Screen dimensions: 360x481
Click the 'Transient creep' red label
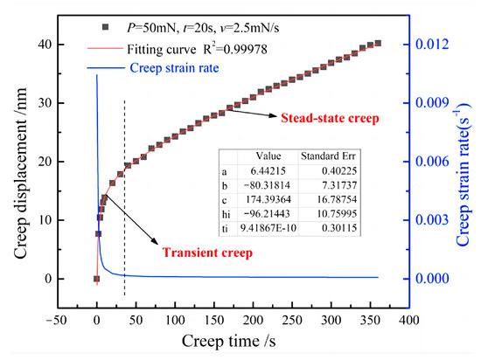point(203,253)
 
